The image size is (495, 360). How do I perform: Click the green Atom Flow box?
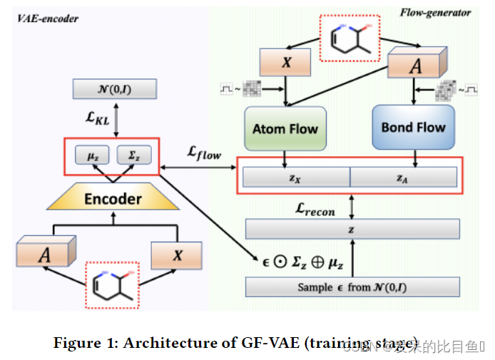tap(285, 129)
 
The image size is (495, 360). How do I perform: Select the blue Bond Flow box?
tap(413, 128)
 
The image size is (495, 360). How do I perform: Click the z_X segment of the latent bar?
tap(296, 177)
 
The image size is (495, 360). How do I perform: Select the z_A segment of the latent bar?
tap(404, 177)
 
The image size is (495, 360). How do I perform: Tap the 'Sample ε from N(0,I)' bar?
tap(352, 287)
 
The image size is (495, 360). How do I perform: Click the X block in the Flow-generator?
tap(287, 63)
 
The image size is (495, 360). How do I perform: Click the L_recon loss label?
tap(315, 210)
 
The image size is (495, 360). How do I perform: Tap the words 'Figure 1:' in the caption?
tap(85, 343)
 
